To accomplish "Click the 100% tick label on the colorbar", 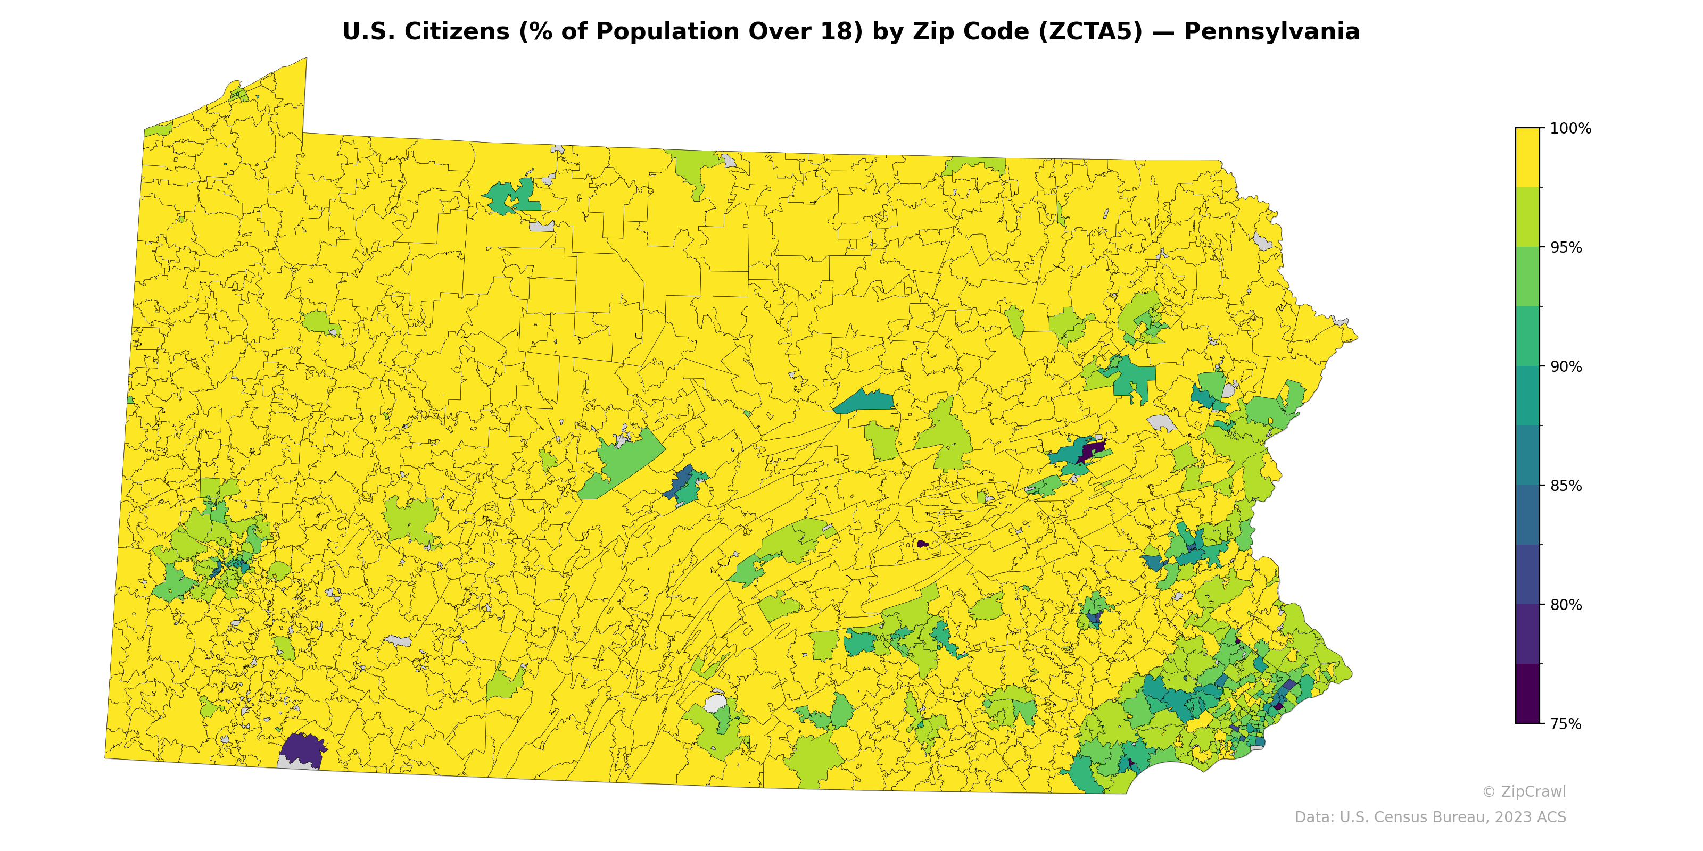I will (1570, 129).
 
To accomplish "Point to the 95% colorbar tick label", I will (1566, 248).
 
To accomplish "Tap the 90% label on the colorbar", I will (1566, 366).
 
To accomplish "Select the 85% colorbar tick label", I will (1566, 486).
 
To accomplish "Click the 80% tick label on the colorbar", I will (1566, 605).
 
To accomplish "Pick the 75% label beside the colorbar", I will (1566, 724).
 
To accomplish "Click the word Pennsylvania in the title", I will (1271, 32).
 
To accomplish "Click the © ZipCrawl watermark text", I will (1523, 791).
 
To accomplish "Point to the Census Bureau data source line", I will (1430, 817).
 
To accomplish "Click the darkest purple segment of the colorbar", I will (1527, 694).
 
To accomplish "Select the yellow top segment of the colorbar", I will (1527, 157).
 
